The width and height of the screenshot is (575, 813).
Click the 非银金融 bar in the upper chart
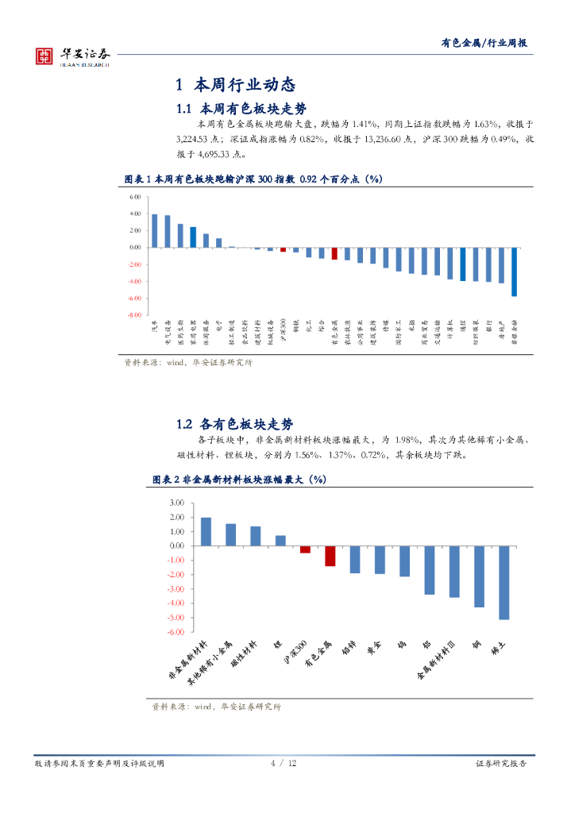pyautogui.click(x=515, y=272)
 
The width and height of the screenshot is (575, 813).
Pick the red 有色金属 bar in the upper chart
pyautogui.click(x=334, y=253)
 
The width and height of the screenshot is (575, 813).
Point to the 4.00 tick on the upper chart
pyautogui.click(x=134, y=214)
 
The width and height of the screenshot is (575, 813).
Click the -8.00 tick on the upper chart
pyautogui.click(x=133, y=315)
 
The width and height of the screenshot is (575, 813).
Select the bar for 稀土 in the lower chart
pyautogui.click(x=504, y=582)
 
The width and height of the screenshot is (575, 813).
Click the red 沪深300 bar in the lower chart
pyautogui.click(x=305, y=549)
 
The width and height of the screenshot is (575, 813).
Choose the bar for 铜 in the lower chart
pyautogui.click(x=479, y=576)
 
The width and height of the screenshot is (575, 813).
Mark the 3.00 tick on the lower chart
pyautogui.click(x=176, y=503)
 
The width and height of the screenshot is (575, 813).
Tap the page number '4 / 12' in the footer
pyautogui.click(x=284, y=763)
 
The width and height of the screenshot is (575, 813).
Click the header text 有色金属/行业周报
pyautogui.click(x=484, y=44)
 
